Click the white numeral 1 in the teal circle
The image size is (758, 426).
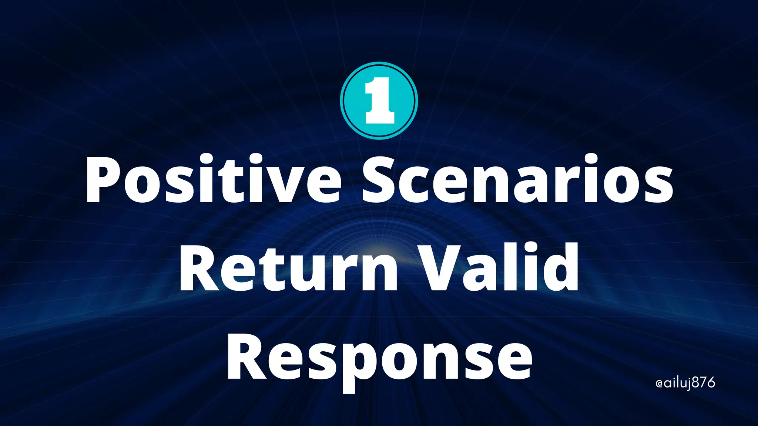pos(379,101)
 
